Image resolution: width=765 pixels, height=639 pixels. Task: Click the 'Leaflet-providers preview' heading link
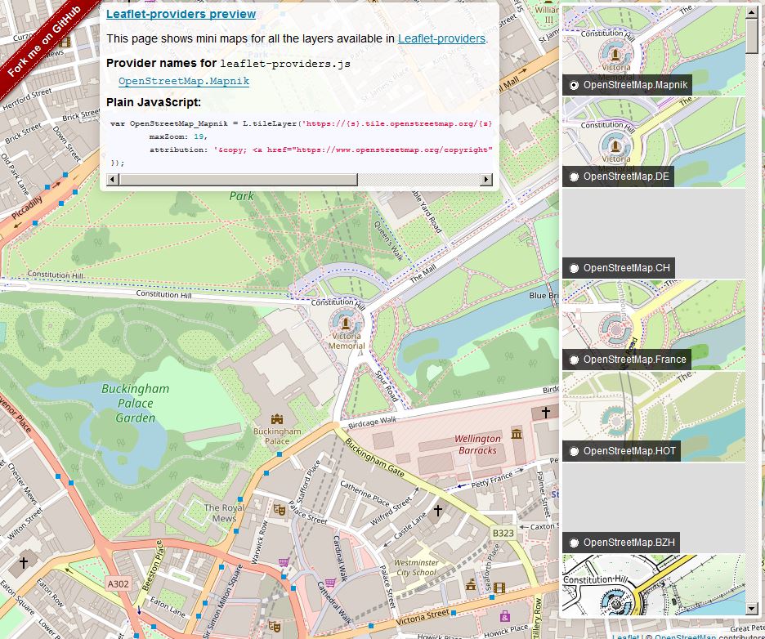[181, 14]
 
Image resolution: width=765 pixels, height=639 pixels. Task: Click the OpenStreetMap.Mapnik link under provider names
[184, 81]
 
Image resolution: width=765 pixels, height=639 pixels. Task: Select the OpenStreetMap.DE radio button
[575, 177]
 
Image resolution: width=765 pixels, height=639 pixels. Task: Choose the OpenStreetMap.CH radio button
[575, 268]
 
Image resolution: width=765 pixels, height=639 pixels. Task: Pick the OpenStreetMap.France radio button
[575, 360]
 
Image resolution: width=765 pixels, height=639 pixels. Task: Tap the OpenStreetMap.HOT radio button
[575, 451]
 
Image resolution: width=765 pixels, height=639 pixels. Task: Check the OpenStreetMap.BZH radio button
[575, 543]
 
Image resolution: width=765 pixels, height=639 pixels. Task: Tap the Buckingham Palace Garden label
[135, 403]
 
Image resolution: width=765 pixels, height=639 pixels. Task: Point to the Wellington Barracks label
[477, 445]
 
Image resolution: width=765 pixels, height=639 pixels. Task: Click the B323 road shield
[503, 534]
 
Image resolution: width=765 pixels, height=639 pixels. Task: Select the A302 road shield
[119, 583]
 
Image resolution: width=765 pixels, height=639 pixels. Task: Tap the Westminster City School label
[416, 568]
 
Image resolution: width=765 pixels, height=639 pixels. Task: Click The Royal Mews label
[224, 513]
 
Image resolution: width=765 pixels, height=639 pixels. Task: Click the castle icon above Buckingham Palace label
[277, 418]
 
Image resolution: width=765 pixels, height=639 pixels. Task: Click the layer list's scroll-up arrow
[752, 13]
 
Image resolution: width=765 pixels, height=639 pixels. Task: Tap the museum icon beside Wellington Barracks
[517, 432]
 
